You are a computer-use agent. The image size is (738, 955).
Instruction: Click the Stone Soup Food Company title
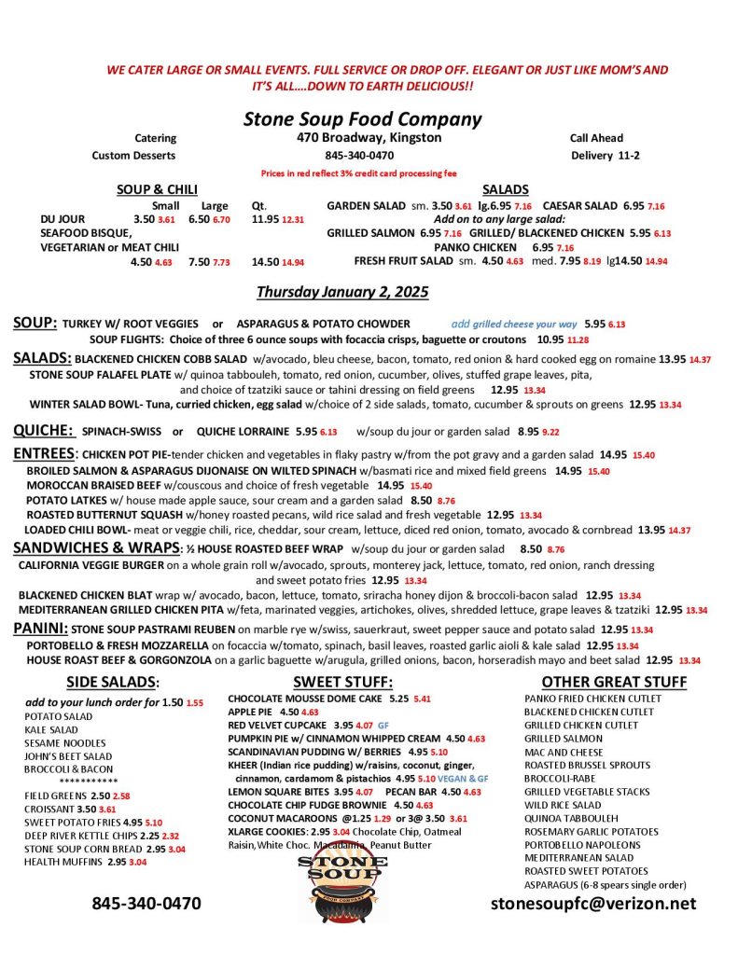point(362,118)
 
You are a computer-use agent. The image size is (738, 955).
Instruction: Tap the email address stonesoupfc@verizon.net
point(592,903)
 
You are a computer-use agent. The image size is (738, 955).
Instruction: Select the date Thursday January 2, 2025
point(342,292)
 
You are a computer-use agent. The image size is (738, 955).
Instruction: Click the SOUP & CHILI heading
point(156,189)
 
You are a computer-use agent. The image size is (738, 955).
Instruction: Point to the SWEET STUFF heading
point(342,682)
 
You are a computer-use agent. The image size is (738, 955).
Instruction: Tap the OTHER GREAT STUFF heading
point(614,682)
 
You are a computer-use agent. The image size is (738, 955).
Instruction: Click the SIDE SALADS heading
point(112,682)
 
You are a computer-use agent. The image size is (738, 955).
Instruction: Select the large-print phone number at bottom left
point(146,903)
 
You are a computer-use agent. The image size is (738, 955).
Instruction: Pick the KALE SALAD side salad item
point(51,729)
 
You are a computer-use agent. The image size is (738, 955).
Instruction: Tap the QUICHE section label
point(43,430)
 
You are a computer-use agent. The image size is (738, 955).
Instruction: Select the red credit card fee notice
point(359,173)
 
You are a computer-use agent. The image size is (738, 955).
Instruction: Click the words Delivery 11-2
point(605,155)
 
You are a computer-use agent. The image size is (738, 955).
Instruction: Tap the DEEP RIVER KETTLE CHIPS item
point(81,836)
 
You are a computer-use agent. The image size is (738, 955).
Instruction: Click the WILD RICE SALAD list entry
point(563,804)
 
